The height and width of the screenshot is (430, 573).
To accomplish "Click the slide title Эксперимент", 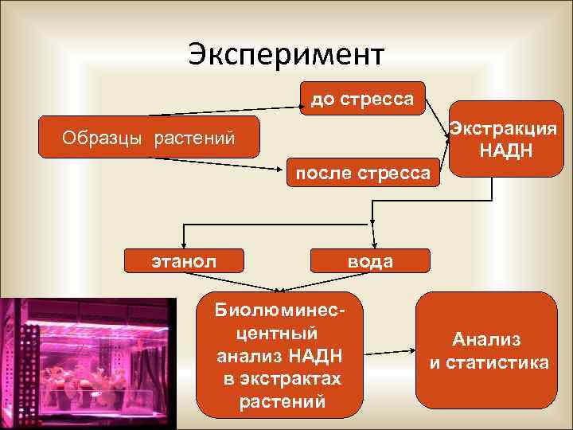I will (286, 55).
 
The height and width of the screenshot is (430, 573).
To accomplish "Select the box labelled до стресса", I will (362, 99).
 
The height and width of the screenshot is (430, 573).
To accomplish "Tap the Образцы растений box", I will (150, 139).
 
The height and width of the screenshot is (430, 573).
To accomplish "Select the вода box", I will (369, 261).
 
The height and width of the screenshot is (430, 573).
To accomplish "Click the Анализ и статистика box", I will (487, 350).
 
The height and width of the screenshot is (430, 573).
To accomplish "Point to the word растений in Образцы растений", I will (195, 139).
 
